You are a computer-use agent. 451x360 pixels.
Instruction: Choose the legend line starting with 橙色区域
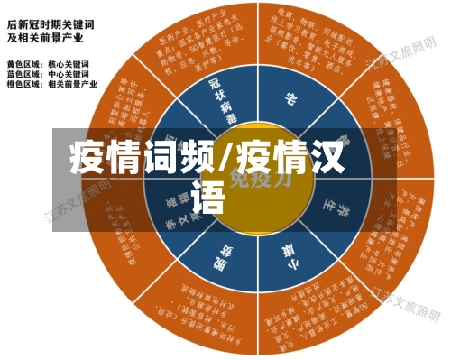click(x=55, y=84)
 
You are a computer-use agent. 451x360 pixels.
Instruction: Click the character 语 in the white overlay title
click(x=208, y=198)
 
